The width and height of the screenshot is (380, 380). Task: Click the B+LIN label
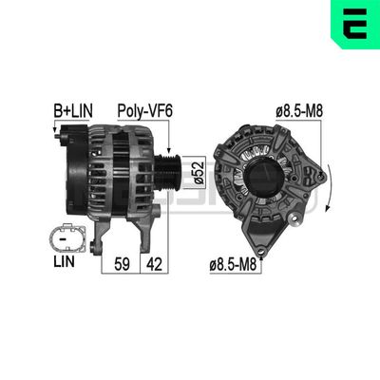(x=73, y=111)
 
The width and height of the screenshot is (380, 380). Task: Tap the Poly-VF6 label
(x=145, y=111)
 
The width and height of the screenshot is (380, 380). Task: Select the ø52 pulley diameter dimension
(x=199, y=173)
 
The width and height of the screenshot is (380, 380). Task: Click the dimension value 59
(x=122, y=264)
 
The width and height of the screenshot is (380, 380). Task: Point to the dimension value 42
(x=154, y=264)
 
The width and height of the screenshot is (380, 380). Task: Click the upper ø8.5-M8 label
(x=299, y=111)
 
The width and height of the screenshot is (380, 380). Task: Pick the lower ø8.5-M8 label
(x=233, y=265)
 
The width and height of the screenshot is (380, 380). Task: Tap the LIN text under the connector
(x=64, y=261)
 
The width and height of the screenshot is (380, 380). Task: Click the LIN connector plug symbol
(x=67, y=237)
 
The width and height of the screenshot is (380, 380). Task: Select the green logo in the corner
(x=355, y=25)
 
